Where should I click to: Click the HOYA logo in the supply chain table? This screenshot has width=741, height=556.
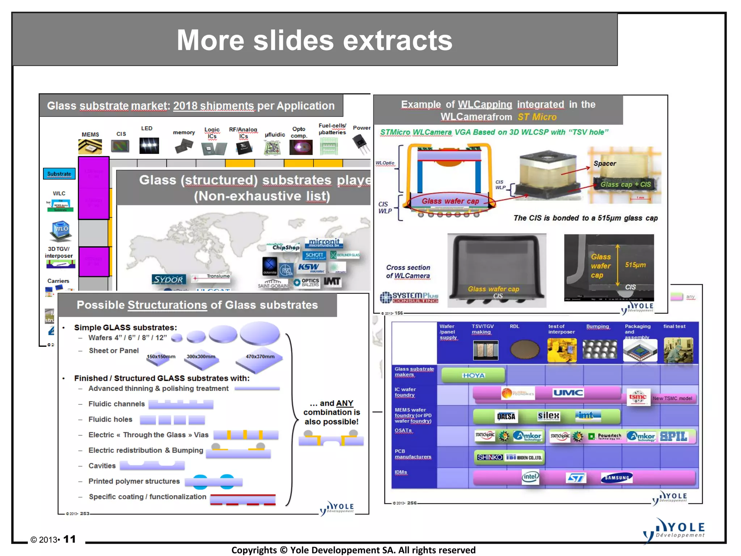click(473, 375)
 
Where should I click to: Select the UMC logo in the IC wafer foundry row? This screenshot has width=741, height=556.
click(568, 393)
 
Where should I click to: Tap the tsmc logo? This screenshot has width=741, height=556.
click(638, 397)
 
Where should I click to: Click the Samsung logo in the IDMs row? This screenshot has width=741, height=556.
click(617, 477)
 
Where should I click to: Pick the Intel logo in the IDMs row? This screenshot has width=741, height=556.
click(530, 477)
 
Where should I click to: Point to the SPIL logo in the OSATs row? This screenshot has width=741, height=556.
click(674, 436)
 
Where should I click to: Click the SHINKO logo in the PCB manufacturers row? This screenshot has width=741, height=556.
click(490, 457)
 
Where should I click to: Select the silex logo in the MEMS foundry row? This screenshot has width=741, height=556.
click(549, 416)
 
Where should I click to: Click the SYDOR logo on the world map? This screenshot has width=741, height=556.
click(169, 279)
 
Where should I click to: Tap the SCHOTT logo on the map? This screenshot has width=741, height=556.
click(314, 255)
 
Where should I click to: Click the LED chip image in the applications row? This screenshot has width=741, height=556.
click(149, 146)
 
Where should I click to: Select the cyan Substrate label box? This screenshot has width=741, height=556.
click(59, 174)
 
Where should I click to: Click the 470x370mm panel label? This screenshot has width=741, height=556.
click(260, 357)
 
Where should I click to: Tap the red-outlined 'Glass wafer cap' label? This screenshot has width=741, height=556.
click(450, 201)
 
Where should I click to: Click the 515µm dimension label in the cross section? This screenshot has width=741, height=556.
click(635, 265)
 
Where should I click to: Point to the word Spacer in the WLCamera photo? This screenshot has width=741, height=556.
click(605, 163)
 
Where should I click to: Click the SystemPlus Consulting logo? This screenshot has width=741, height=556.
click(409, 297)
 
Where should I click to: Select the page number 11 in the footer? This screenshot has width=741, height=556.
click(69, 539)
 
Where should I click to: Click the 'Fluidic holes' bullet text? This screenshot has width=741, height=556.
click(110, 419)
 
